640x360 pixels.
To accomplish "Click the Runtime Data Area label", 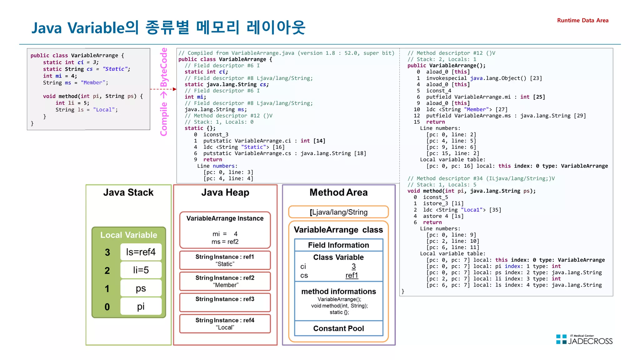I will click(582, 20).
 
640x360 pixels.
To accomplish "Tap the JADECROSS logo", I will click(584, 340).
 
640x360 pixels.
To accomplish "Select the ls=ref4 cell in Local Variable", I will click(141, 252).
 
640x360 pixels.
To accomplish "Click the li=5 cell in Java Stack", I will click(141, 270).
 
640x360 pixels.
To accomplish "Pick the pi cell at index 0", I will click(141, 306).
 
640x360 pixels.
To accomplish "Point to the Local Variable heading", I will click(128, 235).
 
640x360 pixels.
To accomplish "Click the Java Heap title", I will click(225, 192).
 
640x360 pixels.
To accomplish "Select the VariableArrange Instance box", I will click(225, 230).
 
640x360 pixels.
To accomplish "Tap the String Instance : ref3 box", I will click(225, 302).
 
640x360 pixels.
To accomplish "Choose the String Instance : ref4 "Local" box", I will click(225, 323).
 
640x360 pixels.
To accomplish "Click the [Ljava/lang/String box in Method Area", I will click(338, 212).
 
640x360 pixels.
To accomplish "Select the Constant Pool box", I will click(338, 328).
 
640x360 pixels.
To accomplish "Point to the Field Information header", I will click(338, 245).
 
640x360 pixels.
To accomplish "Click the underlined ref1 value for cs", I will click(352, 275).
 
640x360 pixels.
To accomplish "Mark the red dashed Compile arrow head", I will click(175, 89).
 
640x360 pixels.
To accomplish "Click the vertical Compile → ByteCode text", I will click(164, 92).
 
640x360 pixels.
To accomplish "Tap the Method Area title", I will click(338, 192).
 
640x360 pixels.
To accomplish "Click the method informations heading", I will click(338, 291).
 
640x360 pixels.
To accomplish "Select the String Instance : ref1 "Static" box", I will click(225, 260).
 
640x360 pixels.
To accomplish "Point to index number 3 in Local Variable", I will click(107, 252).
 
